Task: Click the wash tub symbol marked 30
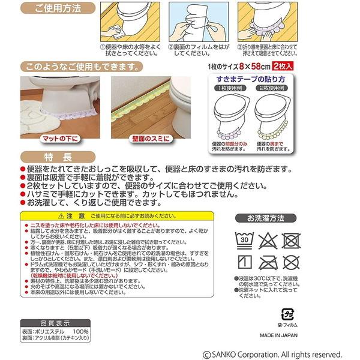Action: (x=244, y=241)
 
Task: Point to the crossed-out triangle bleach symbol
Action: (x=267, y=241)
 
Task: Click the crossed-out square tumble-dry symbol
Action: (x=291, y=241)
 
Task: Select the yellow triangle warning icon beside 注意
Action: (x=54, y=215)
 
